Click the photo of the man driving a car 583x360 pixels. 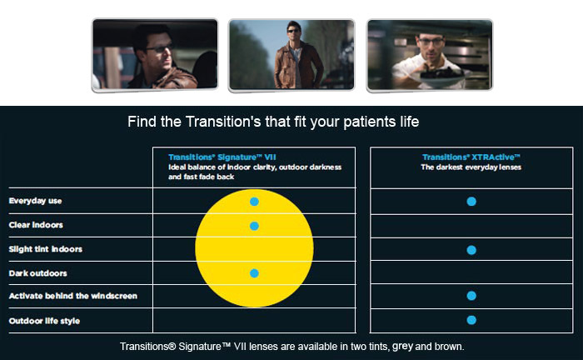[155, 55]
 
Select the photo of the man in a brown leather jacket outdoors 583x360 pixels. [291, 55]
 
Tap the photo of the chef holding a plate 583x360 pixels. [430, 55]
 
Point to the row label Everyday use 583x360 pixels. [35, 201]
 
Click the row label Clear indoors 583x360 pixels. [36, 225]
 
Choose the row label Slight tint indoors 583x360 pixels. [45, 249]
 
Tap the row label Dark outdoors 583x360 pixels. [38, 273]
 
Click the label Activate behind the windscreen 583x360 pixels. [73, 296]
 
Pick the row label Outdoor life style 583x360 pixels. [44, 321]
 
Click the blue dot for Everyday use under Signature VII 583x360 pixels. [254, 202]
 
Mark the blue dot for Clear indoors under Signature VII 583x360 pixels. [254, 226]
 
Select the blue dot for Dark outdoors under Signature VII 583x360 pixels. [254, 273]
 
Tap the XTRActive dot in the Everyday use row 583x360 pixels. [471, 201]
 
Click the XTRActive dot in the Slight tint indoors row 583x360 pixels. [471, 250]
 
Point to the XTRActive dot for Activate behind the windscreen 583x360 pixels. [471, 296]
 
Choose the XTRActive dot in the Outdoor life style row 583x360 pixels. [471, 320]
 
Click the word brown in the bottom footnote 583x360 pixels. [449, 347]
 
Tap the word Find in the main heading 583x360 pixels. [142, 122]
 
